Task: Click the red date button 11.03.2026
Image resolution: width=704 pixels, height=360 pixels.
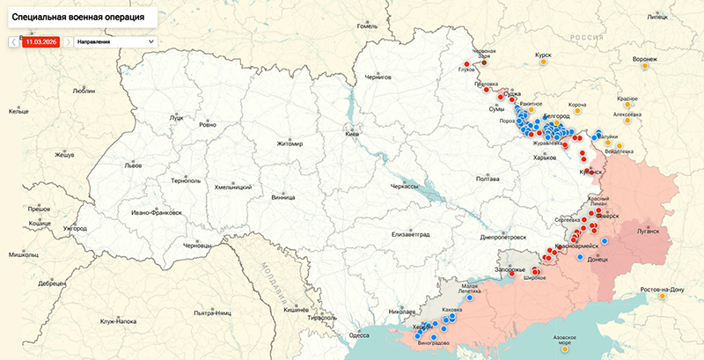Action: pos(40,41)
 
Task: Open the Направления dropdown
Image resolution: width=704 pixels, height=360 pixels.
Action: pos(114,41)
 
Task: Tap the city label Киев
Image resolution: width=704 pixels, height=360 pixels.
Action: pos(352,134)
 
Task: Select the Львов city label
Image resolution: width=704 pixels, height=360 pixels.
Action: pos(132,165)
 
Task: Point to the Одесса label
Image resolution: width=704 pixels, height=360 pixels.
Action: pos(359,334)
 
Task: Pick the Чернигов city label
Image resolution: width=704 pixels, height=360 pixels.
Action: pos(377,77)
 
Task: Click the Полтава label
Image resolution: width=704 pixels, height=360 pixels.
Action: pos(487,179)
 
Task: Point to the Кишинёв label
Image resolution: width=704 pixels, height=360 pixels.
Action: pos(295,311)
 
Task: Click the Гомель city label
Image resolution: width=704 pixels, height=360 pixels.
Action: pos(367,26)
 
